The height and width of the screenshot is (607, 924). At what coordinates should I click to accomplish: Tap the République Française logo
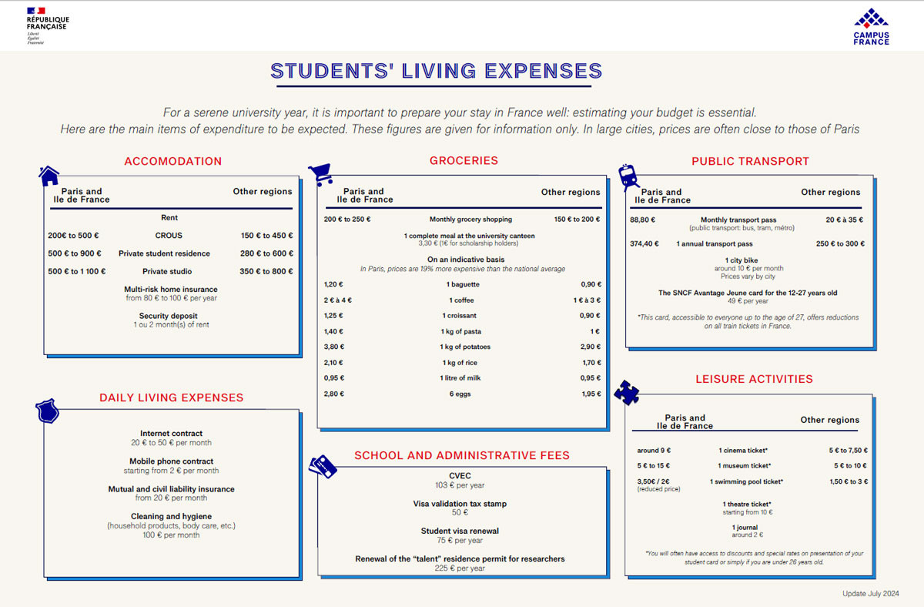point(47,25)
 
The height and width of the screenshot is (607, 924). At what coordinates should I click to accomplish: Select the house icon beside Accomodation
point(49,176)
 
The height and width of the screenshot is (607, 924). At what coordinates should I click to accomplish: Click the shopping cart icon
point(320,175)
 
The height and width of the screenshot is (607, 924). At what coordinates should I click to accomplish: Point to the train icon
point(629,177)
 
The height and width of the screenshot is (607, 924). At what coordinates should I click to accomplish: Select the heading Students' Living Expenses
point(437,72)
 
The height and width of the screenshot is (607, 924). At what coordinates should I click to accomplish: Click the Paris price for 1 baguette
point(333,284)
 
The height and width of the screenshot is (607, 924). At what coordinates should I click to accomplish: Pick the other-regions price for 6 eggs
point(591,394)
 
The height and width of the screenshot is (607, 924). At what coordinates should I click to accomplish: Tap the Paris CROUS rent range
point(73,236)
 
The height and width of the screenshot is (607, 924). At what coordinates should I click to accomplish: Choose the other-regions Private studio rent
point(266,271)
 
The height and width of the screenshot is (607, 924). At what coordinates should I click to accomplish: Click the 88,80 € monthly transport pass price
point(643,220)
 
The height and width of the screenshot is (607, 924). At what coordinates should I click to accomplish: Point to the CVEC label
point(460,476)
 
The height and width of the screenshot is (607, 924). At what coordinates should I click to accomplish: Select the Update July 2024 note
point(870,593)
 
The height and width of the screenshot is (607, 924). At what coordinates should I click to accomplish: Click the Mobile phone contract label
point(171,461)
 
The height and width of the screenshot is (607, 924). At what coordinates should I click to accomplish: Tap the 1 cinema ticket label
point(743,451)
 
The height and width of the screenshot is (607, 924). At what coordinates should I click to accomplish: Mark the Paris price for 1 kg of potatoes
point(333,347)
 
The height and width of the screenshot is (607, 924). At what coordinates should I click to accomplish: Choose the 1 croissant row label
point(460,316)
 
